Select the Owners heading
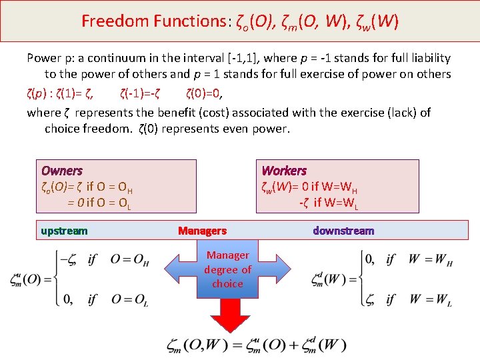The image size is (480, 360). pos(61,171)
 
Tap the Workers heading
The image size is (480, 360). pos(284,171)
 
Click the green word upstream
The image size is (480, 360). pos(64,231)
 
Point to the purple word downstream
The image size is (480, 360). pos(343,231)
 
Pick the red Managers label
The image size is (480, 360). pos(202,231)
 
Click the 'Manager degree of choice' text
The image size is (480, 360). pos(227,269)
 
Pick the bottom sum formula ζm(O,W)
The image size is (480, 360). pos(257,345)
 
